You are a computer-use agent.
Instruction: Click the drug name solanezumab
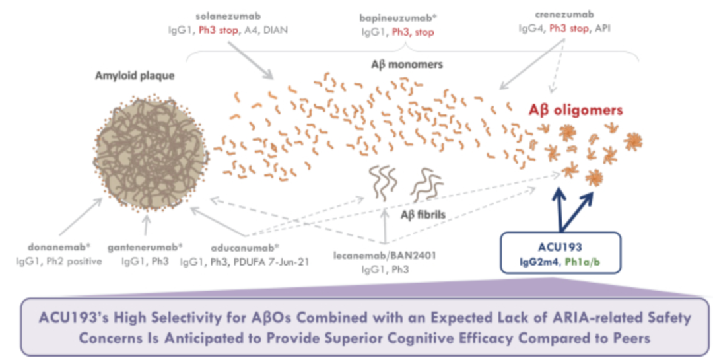pos(228,17)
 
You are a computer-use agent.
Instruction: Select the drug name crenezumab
pos(564,15)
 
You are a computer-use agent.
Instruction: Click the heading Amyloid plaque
pos(135,75)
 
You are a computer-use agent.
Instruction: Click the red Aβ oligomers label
pos(575,110)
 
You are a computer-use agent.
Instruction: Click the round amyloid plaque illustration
pos(151,154)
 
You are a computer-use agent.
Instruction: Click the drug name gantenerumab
pos(145,248)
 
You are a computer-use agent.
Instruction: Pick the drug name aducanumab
pos(245,249)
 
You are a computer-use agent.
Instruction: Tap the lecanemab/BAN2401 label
pos(385,256)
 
